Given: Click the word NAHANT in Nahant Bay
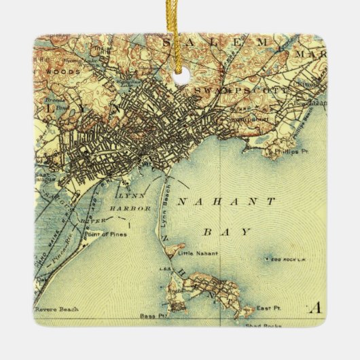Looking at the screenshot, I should pyautogui.click(x=226, y=202).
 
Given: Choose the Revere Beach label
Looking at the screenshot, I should pyautogui.click(x=57, y=308).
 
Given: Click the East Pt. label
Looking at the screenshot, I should pyautogui.click(x=268, y=309).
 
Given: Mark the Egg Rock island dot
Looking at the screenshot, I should pyautogui.click(x=265, y=259).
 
